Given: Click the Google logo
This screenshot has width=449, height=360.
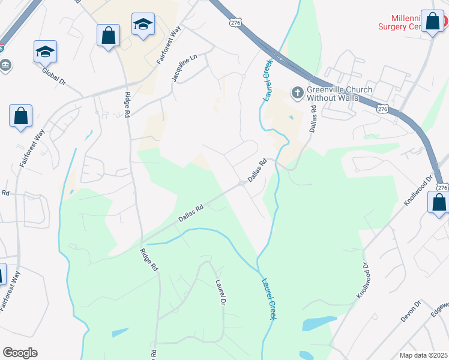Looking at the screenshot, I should (x=20, y=353).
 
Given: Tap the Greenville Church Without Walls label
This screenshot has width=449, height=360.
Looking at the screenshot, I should (x=339, y=94).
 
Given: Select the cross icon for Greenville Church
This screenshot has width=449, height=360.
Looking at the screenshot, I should (x=297, y=93).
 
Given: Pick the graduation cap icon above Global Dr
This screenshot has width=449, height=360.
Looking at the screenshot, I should (x=46, y=52).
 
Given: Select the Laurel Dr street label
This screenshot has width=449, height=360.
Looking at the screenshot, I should (x=220, y=293).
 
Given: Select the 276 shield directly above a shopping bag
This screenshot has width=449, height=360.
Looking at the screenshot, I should (x=442, y=188).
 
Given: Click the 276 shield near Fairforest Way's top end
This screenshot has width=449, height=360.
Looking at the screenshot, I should (x=235, y=22).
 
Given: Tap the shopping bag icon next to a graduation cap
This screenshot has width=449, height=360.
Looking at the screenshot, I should (x=108, y=35).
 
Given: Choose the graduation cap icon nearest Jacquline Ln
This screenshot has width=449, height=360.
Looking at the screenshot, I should (x=143, y=25).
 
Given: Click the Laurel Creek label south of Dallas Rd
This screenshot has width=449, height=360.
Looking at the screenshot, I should (x=268, y=298).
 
